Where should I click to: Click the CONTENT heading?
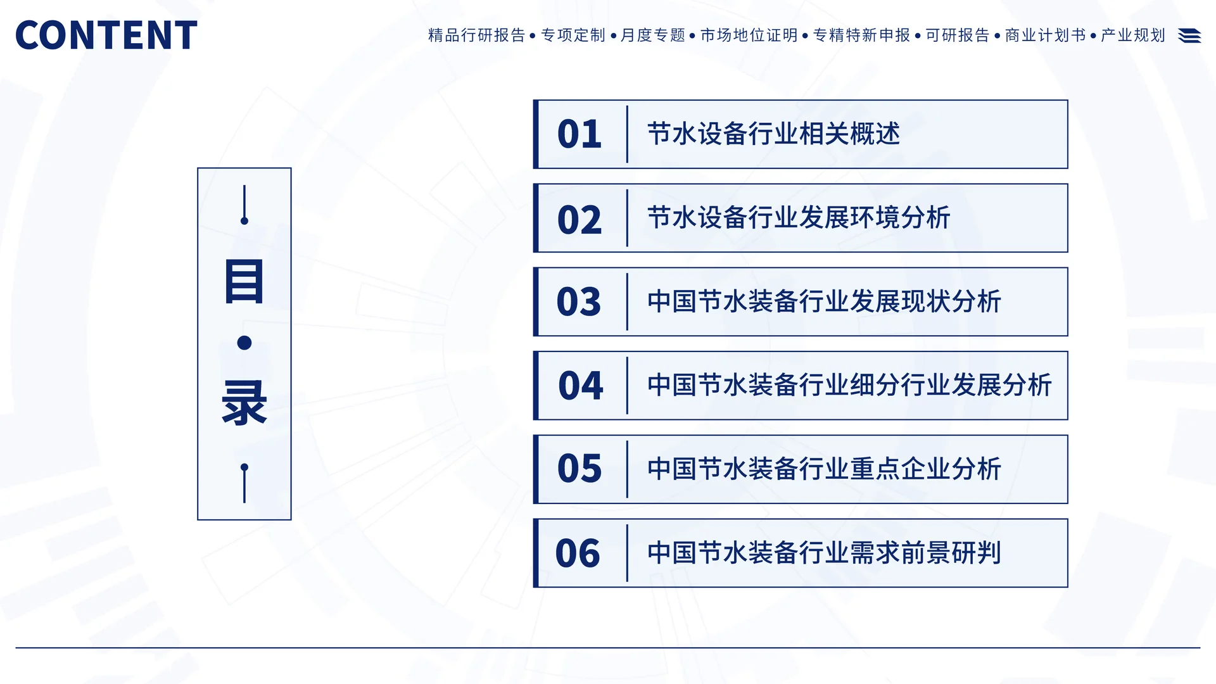106,35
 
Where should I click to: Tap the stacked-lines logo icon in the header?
1189,35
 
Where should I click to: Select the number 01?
579,134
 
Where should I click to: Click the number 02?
579,219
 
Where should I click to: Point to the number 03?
578,301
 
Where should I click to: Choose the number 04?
580,385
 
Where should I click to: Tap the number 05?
579,469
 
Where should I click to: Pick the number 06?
578,553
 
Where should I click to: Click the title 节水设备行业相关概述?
773,134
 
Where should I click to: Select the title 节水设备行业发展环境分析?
799,218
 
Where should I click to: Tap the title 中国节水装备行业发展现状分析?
824,301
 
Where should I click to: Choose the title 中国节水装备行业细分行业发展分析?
849,385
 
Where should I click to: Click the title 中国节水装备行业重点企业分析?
824,469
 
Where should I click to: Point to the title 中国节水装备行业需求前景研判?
824,553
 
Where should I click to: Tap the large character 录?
244,403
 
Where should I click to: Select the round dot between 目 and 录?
244,343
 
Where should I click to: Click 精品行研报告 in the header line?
477,35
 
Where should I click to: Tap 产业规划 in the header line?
1133,35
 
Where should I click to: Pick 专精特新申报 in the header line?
861,35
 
